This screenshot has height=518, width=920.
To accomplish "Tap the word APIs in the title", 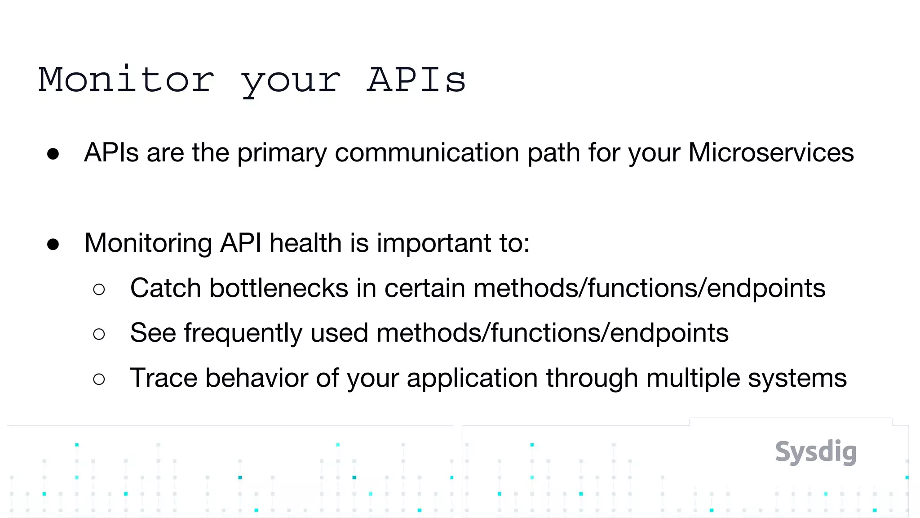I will click(x=416, y=80).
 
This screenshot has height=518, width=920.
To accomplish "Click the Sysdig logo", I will click(x=816, y=452).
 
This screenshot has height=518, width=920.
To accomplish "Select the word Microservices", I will click(x=771, y=152).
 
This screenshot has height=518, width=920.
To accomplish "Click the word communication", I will click(x=427, y=152).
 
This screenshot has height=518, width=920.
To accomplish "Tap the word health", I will click(x=305, y=243).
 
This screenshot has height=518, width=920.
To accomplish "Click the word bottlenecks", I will click(x=279, y=288).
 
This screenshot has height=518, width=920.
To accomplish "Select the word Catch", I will click(x=165, y=288).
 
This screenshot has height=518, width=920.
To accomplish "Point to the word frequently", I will click(x=243, y=333).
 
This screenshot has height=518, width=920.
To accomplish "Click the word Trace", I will click(x=164, y=378).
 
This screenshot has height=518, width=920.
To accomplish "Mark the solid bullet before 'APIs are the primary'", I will click(x=53, y=154).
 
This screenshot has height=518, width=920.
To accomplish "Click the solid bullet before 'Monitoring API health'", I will click(x=53, y=244).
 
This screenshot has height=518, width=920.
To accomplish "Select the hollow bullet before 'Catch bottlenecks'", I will click(x=99, y=289).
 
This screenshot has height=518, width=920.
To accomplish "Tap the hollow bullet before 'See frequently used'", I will click(x=99, y=334).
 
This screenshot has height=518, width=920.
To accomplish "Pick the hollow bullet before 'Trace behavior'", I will click(x=99, y=379).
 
